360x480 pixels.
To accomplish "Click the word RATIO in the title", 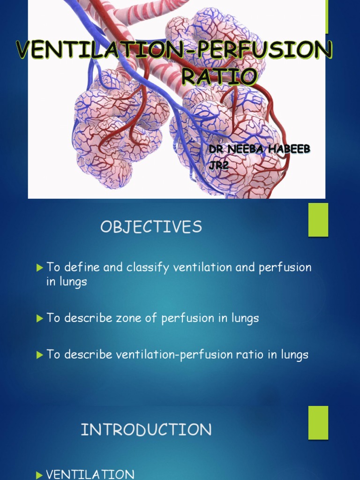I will pos(219,76).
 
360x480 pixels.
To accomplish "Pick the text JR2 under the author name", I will pos(218,165).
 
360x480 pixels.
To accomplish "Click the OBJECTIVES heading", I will pos(151,227).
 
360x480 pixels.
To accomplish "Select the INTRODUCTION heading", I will pos(146,429).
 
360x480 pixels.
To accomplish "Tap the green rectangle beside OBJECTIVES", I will pos(318,219).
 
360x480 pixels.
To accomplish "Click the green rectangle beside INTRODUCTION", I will pos(318,422).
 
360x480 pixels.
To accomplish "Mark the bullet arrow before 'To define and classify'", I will pos(40,268).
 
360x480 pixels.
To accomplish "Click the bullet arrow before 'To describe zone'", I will pos(40,318).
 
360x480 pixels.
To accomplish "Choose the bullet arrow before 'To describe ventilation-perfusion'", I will pos(40,355).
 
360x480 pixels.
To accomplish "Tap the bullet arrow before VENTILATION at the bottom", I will pos(40,475).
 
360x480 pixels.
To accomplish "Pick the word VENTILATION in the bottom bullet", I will pos(90,475).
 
